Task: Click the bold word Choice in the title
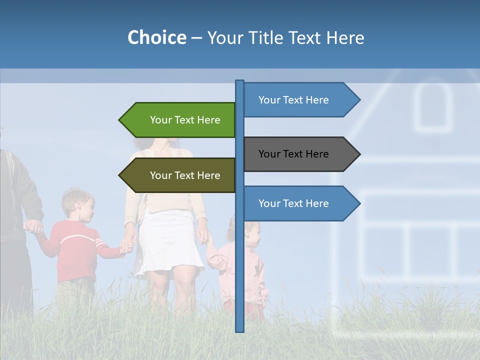pyautogui.click(x=156, y=37)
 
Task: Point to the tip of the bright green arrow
pyautogui.click(x=120, y=120)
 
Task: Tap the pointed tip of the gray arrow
pyautogui.click(x=358, y=154)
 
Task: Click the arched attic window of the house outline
pyautogui.click(x=432, y=107)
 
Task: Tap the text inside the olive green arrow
pyautogui.click(x=185, y=175)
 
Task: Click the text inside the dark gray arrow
pyautogui.click(x=293, y=154)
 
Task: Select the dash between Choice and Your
pyautogui.click(x=196, y=38)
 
